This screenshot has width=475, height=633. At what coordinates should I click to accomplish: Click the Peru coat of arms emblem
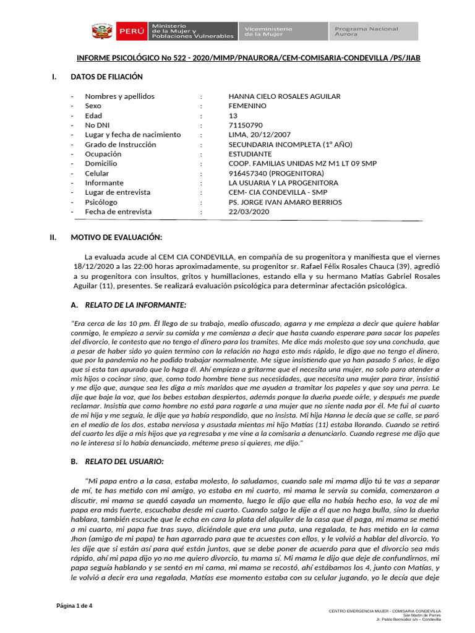click(101, 32)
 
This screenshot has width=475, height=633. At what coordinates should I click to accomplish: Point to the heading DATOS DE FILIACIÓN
click(106, 77)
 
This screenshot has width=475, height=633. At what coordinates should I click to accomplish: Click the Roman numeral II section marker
click(53, 237)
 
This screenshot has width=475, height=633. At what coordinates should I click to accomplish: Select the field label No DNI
click(97, 125)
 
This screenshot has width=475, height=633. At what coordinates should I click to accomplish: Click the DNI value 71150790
click(246, 125)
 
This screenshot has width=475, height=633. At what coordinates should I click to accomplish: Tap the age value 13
click(233, 116)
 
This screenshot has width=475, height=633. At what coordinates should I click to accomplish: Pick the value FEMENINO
click(248, 106)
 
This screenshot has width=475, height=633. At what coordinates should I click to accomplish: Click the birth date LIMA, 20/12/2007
click(259, 135)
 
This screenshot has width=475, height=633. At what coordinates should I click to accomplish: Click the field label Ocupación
click(103, 154)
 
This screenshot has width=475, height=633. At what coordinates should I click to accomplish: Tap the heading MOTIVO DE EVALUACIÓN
click(116, 237)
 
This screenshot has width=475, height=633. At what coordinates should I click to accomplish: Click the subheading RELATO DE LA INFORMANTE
click(135, 305)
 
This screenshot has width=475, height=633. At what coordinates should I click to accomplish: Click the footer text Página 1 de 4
click(75, 605)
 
